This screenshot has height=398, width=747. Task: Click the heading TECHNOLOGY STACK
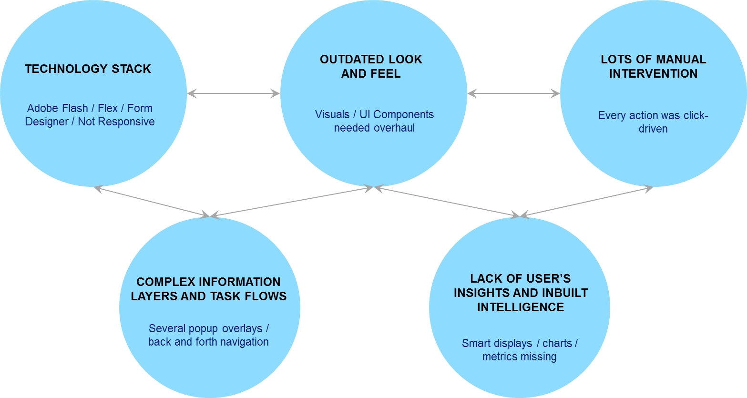click(x=88, y=69)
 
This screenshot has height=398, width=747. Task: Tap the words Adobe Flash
click(x=57, y=109)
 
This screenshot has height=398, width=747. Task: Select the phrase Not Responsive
click(x=116, y=122)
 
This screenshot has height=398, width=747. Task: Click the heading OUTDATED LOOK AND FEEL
click(x=371, y=67)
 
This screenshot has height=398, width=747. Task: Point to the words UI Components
click(x=397, y=115)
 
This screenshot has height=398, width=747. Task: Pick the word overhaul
click(x=393, y=128)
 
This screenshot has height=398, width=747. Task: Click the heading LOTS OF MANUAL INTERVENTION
click(x=653, y=67)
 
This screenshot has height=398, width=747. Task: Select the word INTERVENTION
click(x=653, y=74)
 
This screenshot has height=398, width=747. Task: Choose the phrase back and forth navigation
click(x=208, y=342)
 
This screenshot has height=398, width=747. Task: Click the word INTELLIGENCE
click(x=521, y=307)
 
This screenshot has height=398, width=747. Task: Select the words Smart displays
click(x=497, y=344)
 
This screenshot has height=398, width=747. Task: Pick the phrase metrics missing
click(x=519, y=357)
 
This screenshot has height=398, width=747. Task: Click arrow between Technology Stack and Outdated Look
click(x=234, y=94)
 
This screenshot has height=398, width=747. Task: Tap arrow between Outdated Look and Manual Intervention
click(x=513, y=94)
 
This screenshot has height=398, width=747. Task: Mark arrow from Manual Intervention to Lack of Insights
click(x=586, y=203)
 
